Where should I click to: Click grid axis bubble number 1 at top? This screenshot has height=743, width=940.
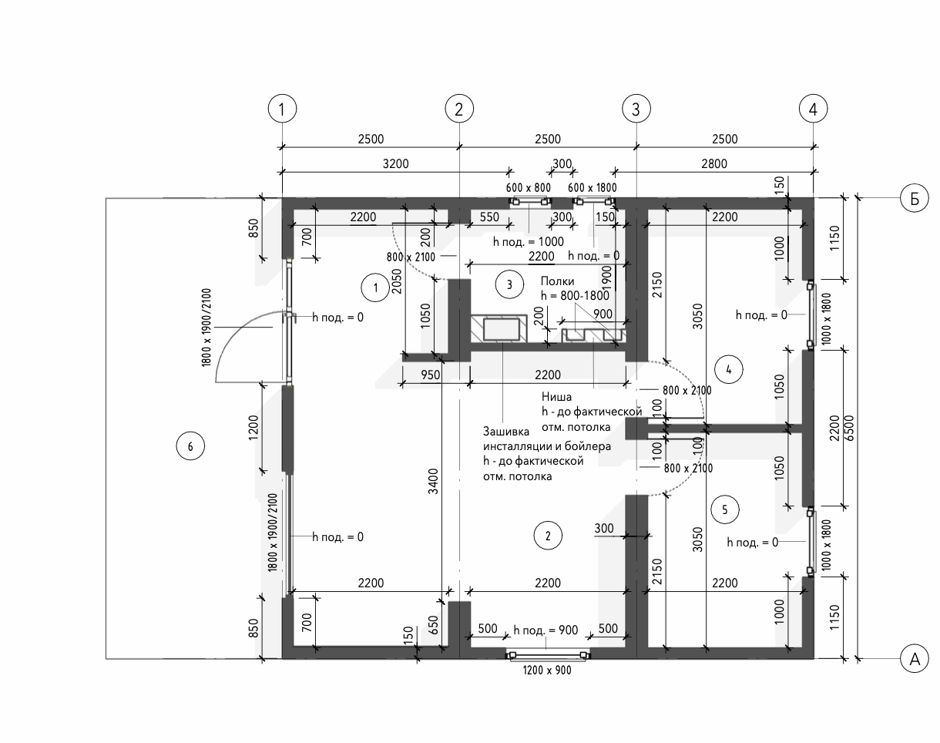(x=283, y=109)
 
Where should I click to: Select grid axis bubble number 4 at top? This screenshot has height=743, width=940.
(x=813, y=109)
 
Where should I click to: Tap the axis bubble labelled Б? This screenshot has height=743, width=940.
(x=915, y=199)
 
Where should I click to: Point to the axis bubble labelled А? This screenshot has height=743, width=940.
(x=915, y=659)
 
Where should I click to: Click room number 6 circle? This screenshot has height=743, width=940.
(x=190, y=445)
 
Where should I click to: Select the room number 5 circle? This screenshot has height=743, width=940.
(x=725, y=509)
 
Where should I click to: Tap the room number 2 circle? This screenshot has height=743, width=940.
(x=548, y=535)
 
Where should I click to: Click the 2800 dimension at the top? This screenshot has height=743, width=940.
(x=713, y=163)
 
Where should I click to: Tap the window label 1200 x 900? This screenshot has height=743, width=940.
(x=547, y=671)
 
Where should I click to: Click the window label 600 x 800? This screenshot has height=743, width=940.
(x=529, y=187)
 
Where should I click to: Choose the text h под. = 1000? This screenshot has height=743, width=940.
(x=529, y=241)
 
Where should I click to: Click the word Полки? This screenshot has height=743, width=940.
(x=558, y=281)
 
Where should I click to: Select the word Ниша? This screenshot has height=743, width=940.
(x=556, y=398)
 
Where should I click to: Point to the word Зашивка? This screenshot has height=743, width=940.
(x=506, y=431)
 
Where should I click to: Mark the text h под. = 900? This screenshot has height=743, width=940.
(x=546, y=630)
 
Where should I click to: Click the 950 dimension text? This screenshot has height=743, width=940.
(x=431, y=375)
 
